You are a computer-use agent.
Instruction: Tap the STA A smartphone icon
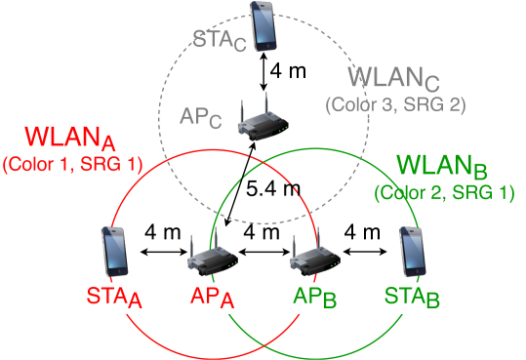tap(114, 253)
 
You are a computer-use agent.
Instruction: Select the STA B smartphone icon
tap(414, 253)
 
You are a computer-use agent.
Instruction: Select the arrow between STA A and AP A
tap(164, 254)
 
